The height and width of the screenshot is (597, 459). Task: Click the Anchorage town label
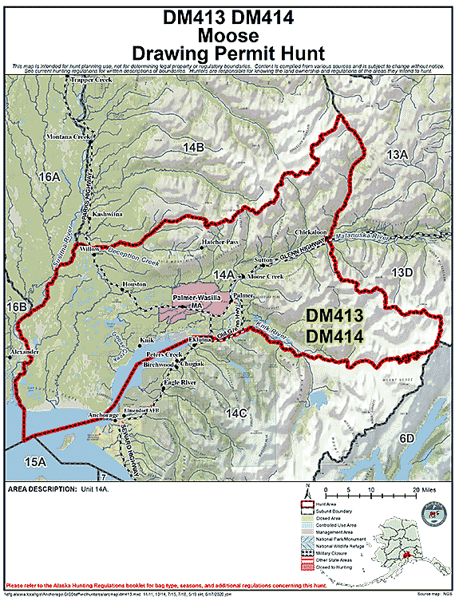coord(101,416)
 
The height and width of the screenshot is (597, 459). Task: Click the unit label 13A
coord(397,152)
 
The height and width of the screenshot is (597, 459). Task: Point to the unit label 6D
coord(407,438)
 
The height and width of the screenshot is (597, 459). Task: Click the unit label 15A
coord(34,462)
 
